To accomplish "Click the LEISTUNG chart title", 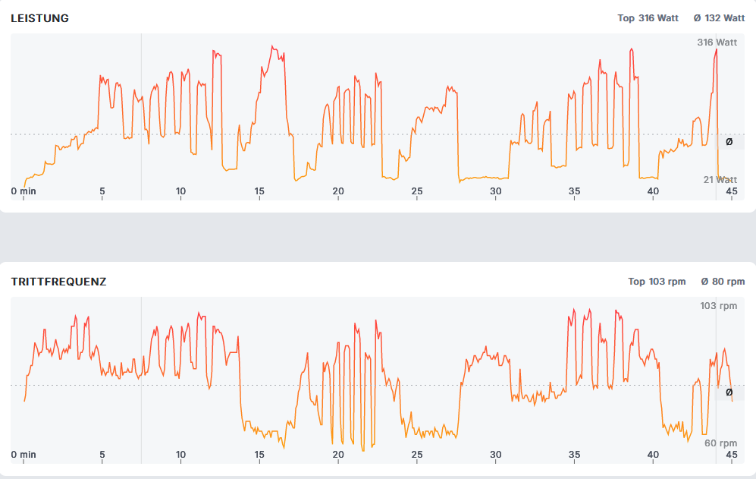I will (x=39, y=18).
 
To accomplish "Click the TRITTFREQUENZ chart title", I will (x=58, y=282).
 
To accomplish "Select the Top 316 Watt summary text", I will (x=648, y=18).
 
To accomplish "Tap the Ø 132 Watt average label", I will (x=719, y=18).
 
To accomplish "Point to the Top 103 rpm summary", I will (x=657, y=282).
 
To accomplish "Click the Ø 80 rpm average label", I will (x=723, y=282).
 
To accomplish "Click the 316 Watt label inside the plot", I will (x=717, y=43).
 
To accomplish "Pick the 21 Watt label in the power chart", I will (x=720, y=180).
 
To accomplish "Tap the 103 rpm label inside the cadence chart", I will (x=718, y=306).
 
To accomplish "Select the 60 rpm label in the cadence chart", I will (x=720, y=443).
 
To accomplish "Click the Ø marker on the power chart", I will (x=729, y=141).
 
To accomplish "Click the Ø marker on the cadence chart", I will (x=729, y=392).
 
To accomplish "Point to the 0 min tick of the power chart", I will (x=24, y=191).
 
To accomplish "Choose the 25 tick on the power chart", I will (x=417, y=191).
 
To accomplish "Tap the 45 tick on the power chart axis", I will (x=732, y=191).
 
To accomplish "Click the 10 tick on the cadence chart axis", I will (x=180, y=455).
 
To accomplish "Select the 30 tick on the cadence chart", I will (x=496, y=455).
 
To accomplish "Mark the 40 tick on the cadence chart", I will (x=653, y=455).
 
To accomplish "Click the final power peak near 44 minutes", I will (x=715, y=51).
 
